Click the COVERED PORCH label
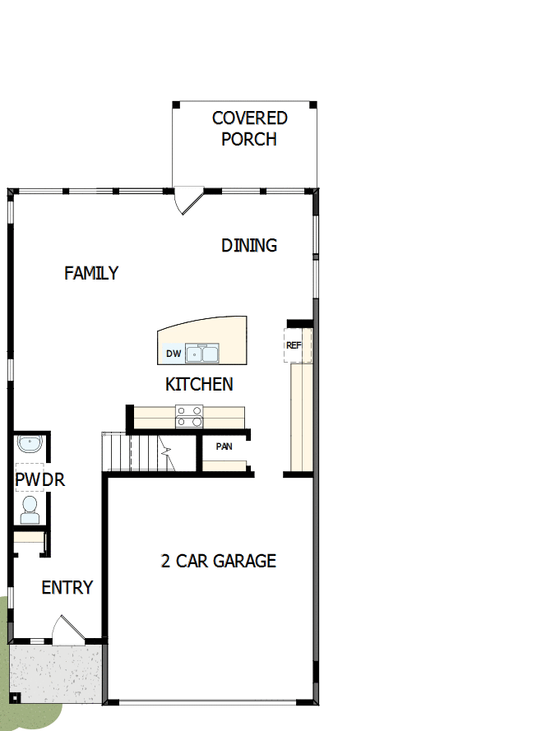[x=249, y=128]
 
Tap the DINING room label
[x=249, y=245]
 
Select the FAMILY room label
[x=91, y=273]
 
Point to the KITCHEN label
[x=199, y=384]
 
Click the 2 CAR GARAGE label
[x=218, y=562]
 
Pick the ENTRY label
[x=67, y=588]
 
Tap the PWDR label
[x=39, y=480]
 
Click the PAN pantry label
[x=224, y=446]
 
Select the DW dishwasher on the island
[x=173, y=354]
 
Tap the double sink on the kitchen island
[x=201, y=354]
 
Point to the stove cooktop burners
[x=189, y=417]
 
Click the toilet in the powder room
[x=30, y=511]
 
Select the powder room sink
[x=29, y=445]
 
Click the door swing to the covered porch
[x=189, y=201]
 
